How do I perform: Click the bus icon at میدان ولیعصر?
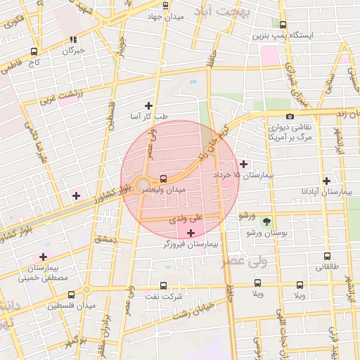tap(163, 179)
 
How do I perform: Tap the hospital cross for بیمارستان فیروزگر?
tap(191, 232)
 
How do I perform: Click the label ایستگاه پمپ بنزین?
tap(283, 34)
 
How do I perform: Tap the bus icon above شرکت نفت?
tap(163, 286)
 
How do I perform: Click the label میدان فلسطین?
tap(71, 306)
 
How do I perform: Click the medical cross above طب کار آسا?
tap(148, 105)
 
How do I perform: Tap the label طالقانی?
tap(328, 267)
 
